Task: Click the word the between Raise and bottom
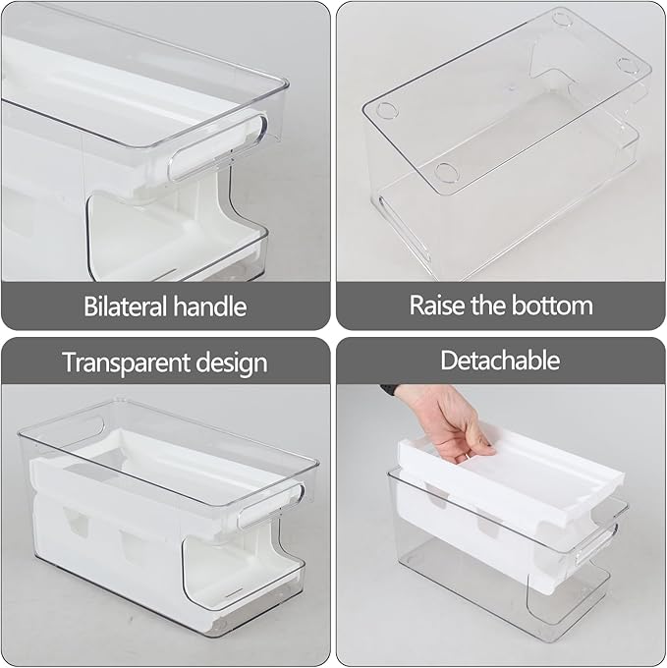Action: coord(495,305)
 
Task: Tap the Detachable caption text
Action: coord(500,360)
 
